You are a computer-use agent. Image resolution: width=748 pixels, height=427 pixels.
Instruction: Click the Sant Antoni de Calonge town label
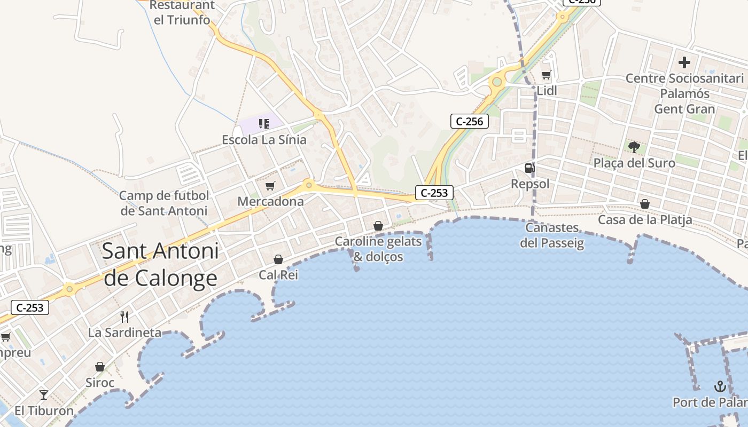(160, 264)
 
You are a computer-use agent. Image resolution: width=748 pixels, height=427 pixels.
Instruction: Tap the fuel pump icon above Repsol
(529, 169)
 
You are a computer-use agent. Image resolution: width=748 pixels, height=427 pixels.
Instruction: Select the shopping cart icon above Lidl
(546, 75)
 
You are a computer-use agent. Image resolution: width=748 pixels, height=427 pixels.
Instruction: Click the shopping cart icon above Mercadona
(270, 186)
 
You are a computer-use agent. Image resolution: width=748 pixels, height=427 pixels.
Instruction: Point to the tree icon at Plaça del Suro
(634, 147)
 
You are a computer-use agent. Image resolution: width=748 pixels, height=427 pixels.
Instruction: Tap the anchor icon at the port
(720, 386)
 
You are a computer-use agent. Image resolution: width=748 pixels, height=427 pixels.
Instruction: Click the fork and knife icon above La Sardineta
(124, 317)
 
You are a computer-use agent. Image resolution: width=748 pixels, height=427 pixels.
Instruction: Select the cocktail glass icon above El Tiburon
(44, 395)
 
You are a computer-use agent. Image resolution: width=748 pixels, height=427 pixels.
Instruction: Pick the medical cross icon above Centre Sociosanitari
(684, 62)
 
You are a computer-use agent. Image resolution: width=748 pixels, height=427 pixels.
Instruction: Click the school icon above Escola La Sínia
(263, 124)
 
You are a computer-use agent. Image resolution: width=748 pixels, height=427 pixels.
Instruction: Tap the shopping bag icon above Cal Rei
(278, 260)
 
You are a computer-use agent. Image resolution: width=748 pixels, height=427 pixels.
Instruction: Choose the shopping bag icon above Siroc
(100, 367)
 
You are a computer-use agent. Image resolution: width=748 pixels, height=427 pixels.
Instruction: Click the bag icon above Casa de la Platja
(645, 204)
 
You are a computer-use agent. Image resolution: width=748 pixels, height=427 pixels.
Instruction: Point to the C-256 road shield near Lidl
(470, 122)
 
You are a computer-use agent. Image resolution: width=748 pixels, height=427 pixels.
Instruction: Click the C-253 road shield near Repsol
(434, 193)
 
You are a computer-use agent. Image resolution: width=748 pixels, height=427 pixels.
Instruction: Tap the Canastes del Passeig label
(552, 235)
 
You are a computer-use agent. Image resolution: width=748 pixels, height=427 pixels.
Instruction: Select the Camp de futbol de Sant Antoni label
(164, 203)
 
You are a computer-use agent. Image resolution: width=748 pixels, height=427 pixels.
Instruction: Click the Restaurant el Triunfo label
(182, 13)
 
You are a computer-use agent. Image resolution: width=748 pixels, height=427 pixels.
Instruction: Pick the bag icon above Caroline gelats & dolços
(378, 226)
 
